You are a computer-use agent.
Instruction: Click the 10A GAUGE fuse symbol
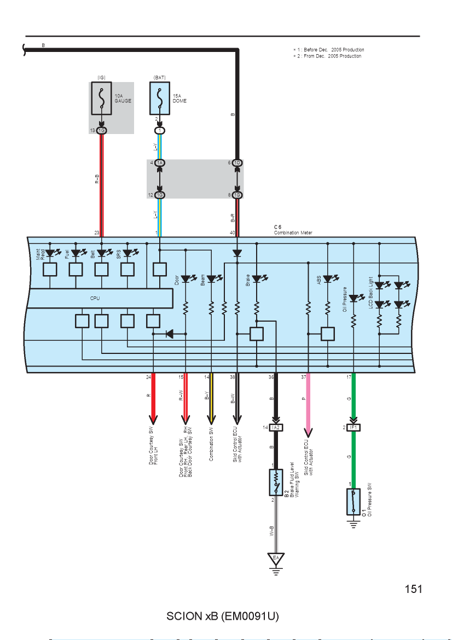tap(101, 98)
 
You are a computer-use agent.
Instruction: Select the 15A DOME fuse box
tap(160, 98)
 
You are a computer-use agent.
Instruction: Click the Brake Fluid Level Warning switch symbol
tap(276, 482)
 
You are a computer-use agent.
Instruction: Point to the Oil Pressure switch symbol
tap(354, 502)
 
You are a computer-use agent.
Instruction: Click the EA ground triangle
tap(276, 558)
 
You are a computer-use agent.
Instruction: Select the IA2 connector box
tap(276, 427)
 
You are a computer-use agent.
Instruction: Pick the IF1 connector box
tap(354, 427)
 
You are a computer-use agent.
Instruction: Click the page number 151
tap(413, 589)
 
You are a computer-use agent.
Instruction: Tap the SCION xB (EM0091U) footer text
tap(223, 616)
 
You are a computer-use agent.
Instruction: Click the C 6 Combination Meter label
tap(293, 230)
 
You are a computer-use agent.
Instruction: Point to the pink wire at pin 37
tap(308, 405)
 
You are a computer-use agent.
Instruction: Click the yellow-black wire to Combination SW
tap(211, 399)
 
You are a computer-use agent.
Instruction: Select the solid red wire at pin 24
tap(153, 399)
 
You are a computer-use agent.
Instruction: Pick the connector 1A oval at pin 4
tap(160, 163)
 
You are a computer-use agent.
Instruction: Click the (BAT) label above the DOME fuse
tap(160, 78)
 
